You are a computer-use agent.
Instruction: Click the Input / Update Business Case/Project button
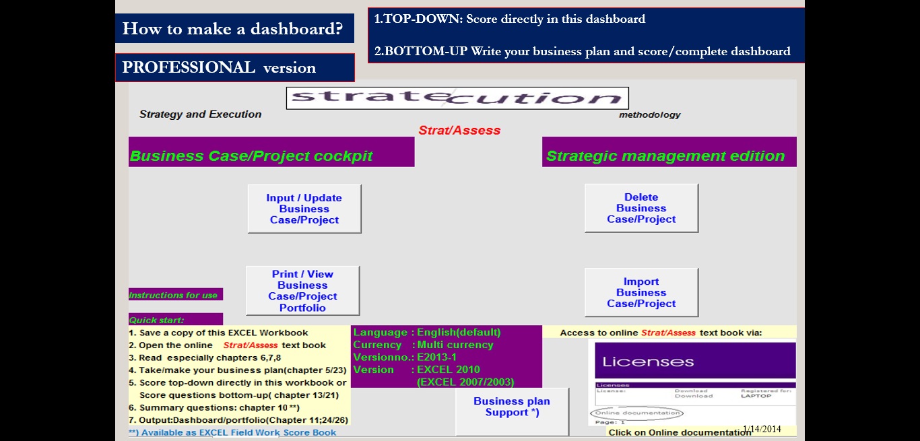304,209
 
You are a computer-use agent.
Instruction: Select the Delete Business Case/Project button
641,208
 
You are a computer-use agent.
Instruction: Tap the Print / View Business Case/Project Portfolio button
302,291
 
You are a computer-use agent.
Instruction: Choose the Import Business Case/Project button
641,292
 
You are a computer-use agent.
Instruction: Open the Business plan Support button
512,407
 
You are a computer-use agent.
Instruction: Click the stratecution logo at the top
457,98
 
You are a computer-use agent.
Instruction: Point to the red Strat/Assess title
459,130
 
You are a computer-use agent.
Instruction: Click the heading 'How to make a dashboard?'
233,29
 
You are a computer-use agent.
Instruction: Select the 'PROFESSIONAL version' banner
219,67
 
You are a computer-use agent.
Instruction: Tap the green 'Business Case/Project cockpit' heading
251,156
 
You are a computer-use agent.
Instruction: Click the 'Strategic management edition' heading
665,156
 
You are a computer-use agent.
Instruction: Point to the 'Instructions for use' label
173,295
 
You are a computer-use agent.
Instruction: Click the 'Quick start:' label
157,320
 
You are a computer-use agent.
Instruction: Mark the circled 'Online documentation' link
636,413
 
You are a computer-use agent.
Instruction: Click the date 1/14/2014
762,429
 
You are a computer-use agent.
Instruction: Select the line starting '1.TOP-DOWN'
510,20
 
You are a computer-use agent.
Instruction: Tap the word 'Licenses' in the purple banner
648,362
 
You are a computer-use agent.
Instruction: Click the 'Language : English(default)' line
427,333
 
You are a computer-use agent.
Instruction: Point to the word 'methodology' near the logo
649,114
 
